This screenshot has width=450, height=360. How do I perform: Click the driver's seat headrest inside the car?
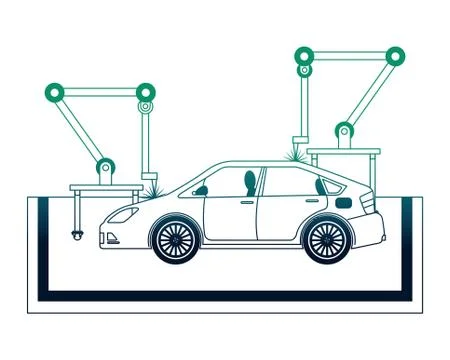click(x=250, y=180)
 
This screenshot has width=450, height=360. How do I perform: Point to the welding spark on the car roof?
click(x=297, y=156)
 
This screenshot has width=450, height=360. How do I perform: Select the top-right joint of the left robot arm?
click(x=145, y=93)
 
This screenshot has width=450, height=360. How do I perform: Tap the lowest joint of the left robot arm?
click(x=103, y=166)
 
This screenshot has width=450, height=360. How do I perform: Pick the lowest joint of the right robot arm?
click(x=343, y=129)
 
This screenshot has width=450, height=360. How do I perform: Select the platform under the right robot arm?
click(x=343, y=151)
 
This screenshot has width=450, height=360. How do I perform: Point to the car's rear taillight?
click(x=369, y=202)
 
